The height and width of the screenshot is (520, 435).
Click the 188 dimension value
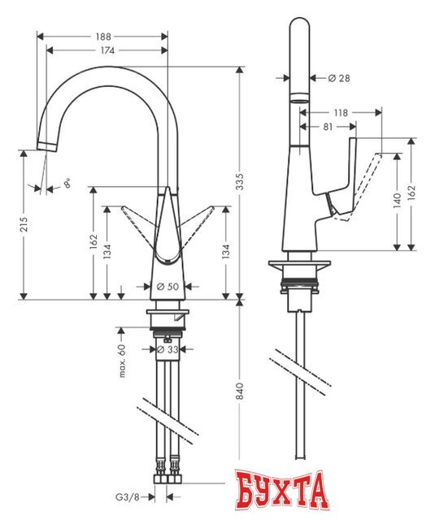[x=102, y=37]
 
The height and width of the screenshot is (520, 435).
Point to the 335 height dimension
[x=239, y=185]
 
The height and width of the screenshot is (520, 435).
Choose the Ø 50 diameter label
[x=167, y=287]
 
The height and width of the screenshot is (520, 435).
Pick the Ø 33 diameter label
[x=167, y=349]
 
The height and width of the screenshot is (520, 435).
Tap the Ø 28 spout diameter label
[x=337, y=78]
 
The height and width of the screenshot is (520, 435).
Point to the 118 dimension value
[x=341, y=112]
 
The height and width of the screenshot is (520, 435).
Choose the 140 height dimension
[x=396, y=201]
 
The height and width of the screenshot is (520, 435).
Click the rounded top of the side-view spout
[x=300, y=28]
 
